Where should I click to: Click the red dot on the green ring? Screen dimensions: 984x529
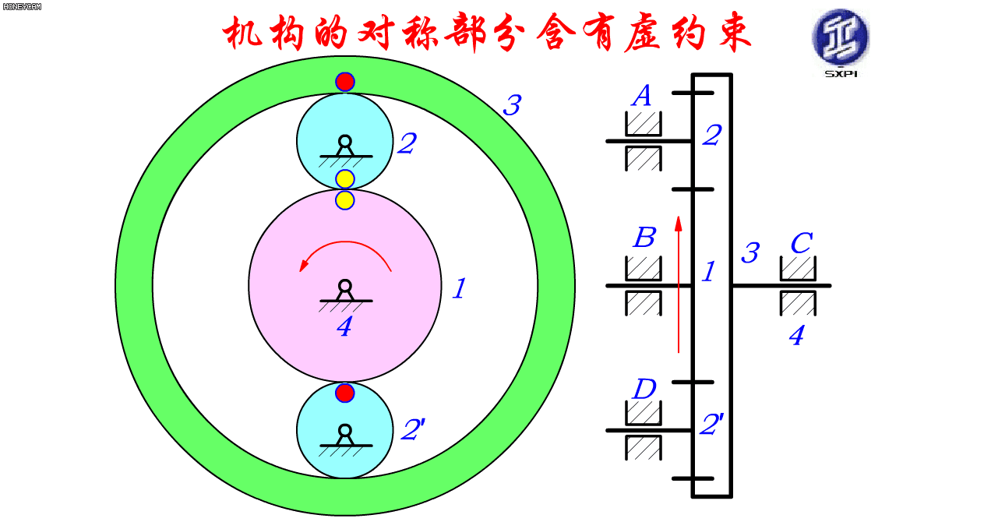[x=345, y=82]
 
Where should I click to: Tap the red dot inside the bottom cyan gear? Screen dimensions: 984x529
[x=345, y=393]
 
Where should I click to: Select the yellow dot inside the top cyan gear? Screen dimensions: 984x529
[x=345, y=179]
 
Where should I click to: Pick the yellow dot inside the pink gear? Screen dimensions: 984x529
[x=345, y=200]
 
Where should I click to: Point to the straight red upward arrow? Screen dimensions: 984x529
[x=679, y=284]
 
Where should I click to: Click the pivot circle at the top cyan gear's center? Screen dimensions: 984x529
[x=345, y=142]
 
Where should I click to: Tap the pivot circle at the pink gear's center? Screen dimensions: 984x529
[x=345, y=286]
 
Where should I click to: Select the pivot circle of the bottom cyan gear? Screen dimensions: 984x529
[x=345, y=431]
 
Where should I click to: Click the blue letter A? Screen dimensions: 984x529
[x=642, y=95]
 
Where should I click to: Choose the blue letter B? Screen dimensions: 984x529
[x=644, y=238]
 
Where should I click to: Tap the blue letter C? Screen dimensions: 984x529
[x=802, y=243]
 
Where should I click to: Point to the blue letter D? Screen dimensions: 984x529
[x=644, y=389]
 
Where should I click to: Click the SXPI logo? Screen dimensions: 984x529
[x=841, y=43]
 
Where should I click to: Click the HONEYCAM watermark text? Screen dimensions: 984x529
[x=22, y=6]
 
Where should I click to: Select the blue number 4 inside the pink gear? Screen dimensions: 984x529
[x=344, y=327]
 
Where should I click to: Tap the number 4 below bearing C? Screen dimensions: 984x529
[x=796, y=336]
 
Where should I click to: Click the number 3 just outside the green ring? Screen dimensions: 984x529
[x=512, y=105]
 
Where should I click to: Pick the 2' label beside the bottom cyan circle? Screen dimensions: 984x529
[x=413, y=429]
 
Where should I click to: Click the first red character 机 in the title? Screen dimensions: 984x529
[x=242, y=33]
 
